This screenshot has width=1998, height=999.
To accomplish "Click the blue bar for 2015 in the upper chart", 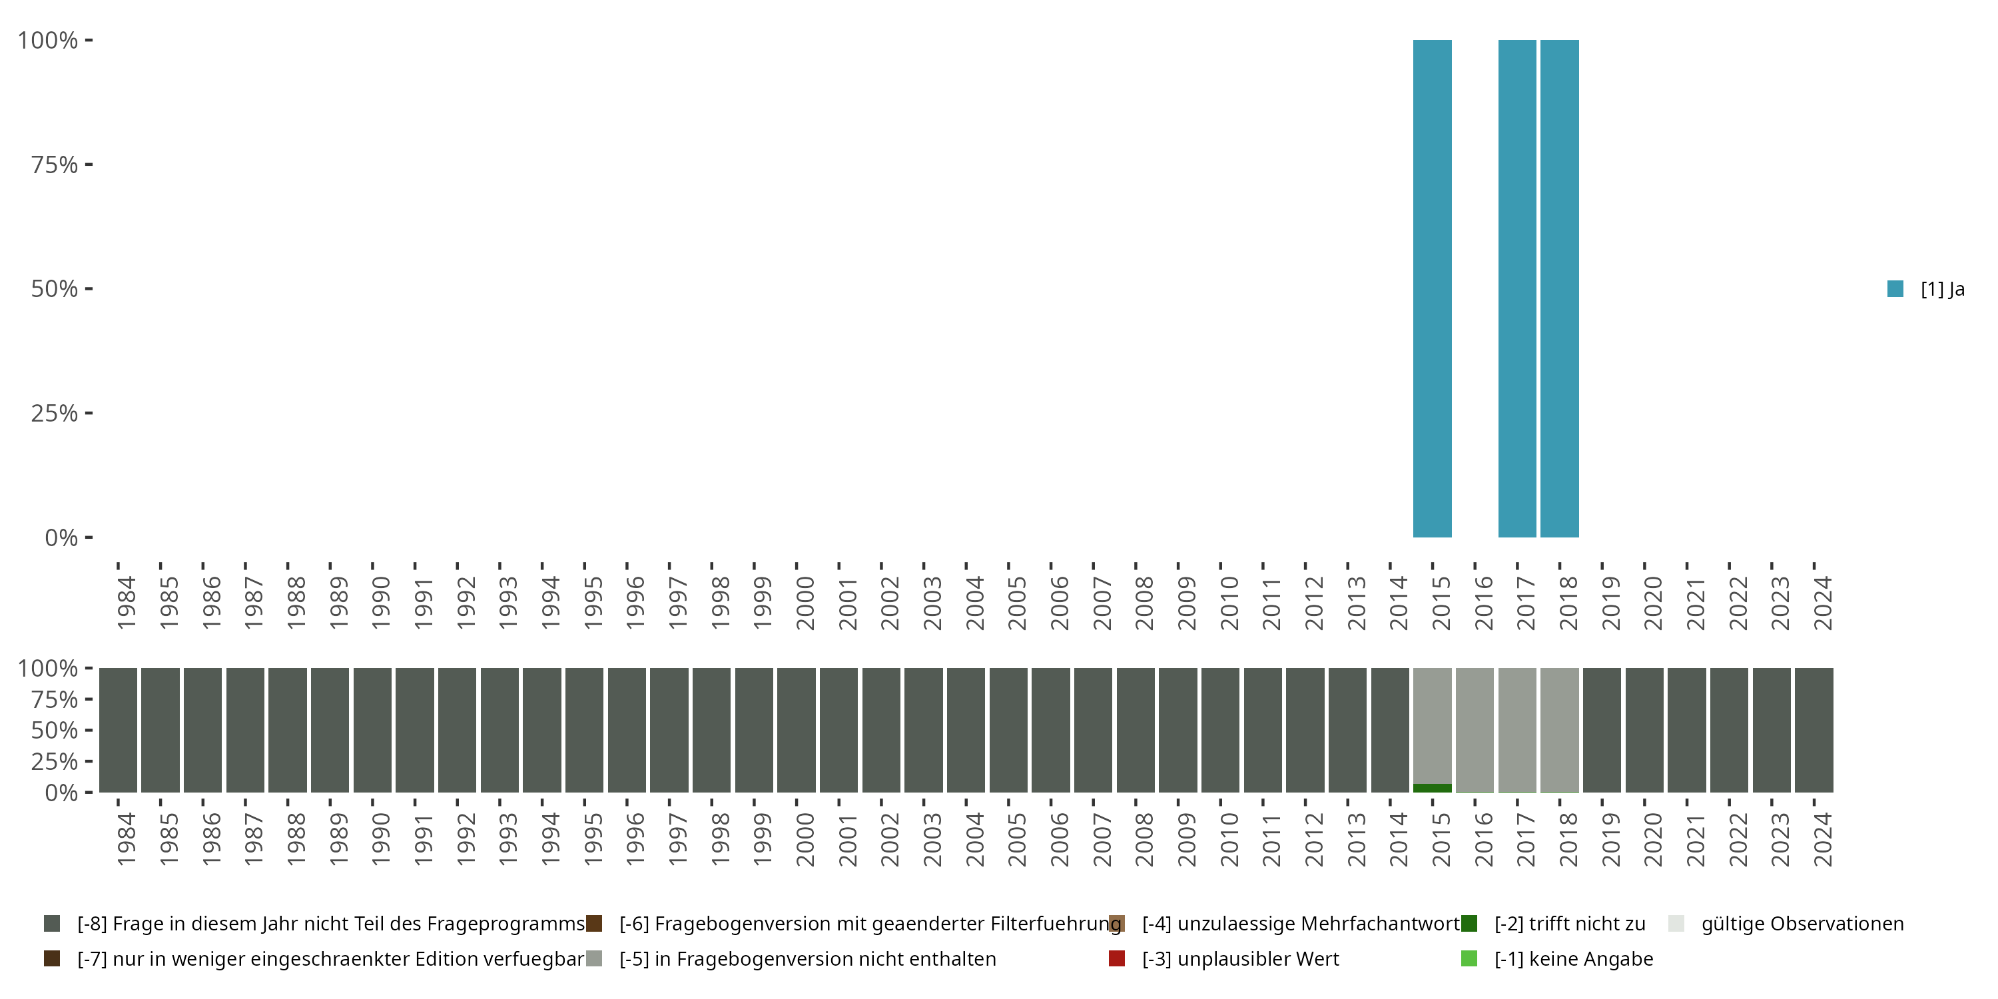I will pyautogui.click(x=1432, y=288).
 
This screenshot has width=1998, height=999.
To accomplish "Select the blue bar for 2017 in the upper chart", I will pyautogui.click(x=1517, y=288).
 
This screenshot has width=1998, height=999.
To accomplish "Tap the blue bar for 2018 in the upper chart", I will pyautogui.click(x=1559, y=288).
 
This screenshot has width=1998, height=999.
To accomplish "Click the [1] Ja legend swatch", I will pyautogui.click(x=1895, y=289).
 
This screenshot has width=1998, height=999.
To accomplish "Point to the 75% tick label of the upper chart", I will pyautogui.click(x=55, y=165).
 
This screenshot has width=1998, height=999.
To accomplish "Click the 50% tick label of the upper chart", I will pyautogui.click(x=55, y=288).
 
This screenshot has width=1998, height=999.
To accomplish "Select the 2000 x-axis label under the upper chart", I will pyautogui.click(x=805, y=603).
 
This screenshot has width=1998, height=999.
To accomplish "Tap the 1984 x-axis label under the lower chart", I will pyautogui.click(x=127, y=839).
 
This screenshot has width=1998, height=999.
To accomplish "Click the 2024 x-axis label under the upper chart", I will pyautogui.click(x=1823, y=603).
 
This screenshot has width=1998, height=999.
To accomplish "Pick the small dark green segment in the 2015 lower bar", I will pyautogui.click(x=1432, y=788).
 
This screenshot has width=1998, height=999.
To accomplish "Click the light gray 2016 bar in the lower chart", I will pyautogui.click(x=1475, y=729).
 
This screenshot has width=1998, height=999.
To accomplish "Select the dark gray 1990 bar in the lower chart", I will pyautogui.click(x=372, y=729).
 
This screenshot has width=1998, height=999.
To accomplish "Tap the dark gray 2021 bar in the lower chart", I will pyautogui.click(x=1686, y=729).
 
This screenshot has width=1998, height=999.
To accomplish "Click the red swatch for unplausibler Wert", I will pyautogui.click(x=1117, y=958).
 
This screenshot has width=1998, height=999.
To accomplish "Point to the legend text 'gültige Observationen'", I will pyautogui.click(x=1802, y=924).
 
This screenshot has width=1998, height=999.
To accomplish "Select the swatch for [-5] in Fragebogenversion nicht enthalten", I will pyautogui.click(x=594, y=958).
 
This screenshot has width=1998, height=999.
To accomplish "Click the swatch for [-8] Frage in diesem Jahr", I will pyautogui.click(x=52, y=924).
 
